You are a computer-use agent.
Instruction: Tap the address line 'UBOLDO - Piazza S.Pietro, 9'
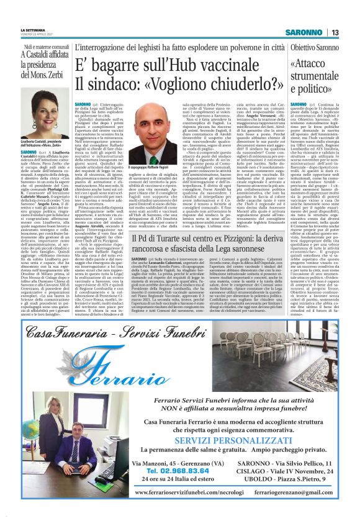[287, 479]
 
